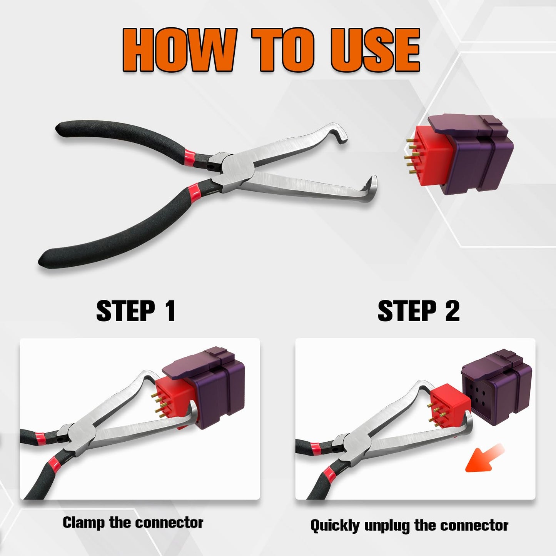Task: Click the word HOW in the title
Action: [179, 50]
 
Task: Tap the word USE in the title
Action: [375, 50]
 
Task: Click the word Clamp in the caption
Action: [84, 523]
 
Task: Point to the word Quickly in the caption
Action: [335, 526]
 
